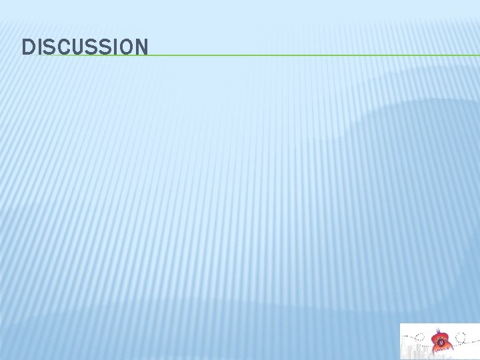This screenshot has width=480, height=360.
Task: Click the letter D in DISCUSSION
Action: click(x=28, y=47)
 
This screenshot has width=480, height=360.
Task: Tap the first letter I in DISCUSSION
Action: click(x=39, y=47)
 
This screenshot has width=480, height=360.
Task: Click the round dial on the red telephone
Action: click(x=441, y=343)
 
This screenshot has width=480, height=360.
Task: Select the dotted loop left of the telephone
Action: click(x=419, y=337)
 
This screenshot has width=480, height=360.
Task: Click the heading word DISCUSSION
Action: click(x=85, y=47)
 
